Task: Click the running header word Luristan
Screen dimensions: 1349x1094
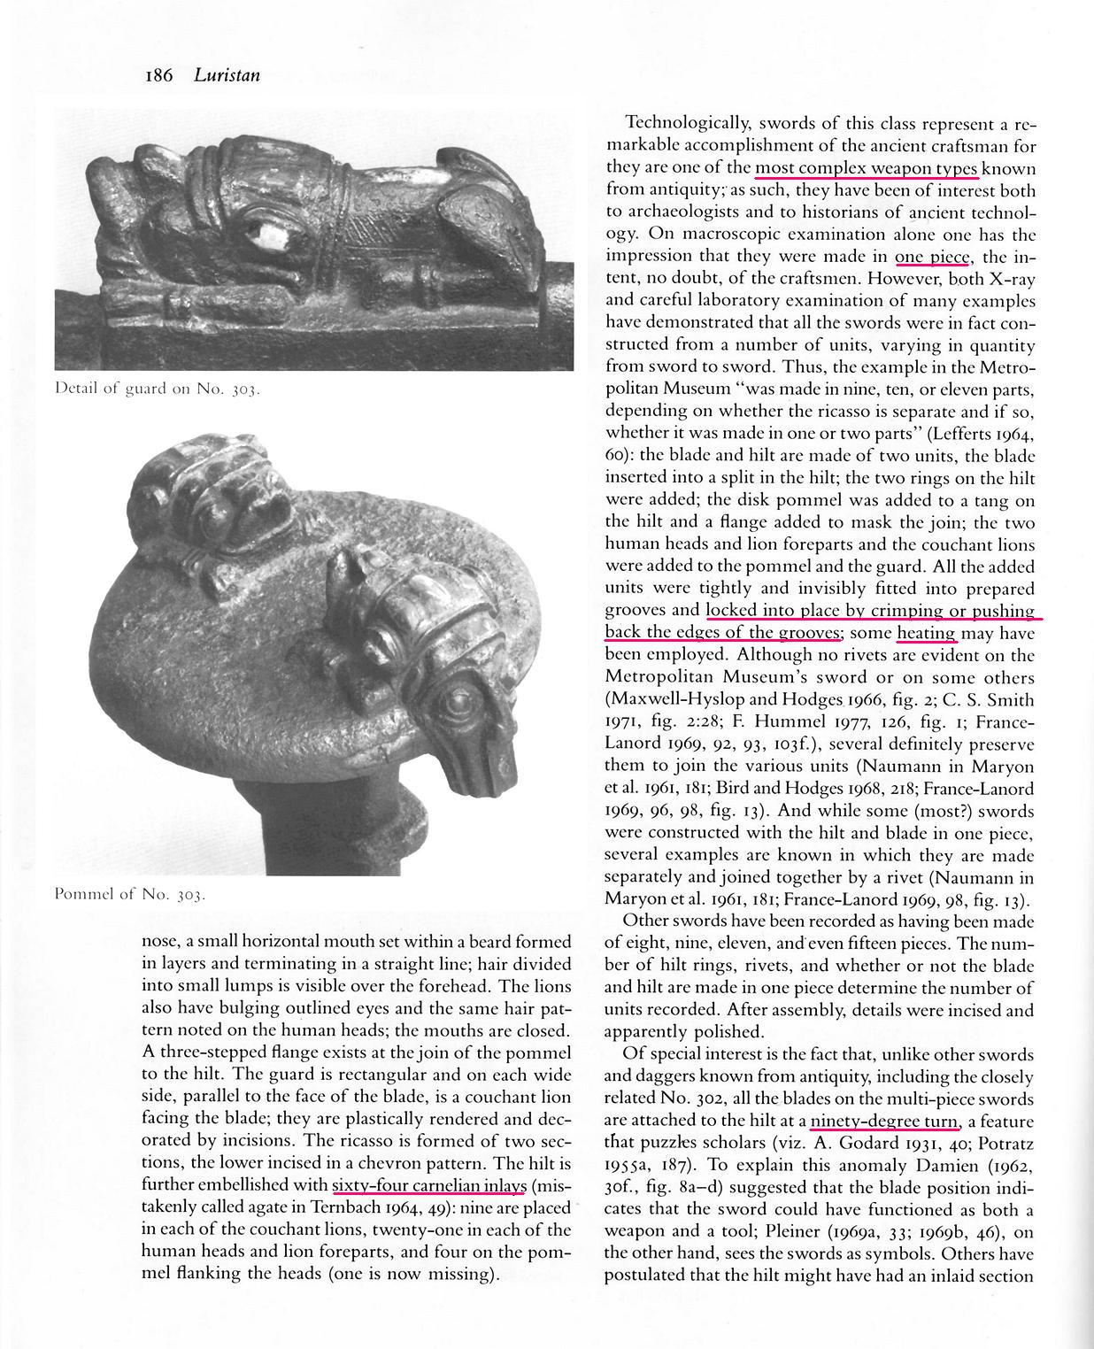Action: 227,75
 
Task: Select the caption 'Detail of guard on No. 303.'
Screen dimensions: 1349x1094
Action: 158,388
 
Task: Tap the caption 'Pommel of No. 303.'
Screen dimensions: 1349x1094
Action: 130,894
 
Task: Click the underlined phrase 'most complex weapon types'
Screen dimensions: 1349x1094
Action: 866,168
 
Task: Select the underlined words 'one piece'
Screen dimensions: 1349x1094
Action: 933,257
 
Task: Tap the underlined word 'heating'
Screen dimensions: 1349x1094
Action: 927,633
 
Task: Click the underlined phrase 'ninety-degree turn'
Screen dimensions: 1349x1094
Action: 884,1122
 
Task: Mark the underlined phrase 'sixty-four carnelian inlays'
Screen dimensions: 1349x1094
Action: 429,1185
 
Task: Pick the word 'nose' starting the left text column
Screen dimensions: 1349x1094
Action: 158,942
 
